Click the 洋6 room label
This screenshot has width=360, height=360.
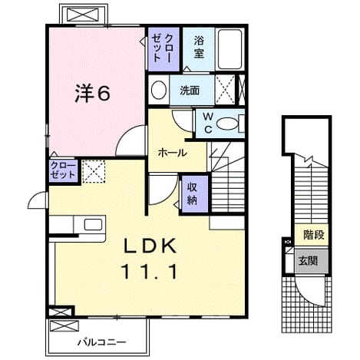pyautogui.click(x=92, y=93)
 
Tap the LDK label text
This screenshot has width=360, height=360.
pyautogui.click(x=150, y=246)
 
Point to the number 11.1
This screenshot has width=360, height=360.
pyautogui.click(x=150, y=272)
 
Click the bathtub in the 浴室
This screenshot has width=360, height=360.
pyautogui.click(x=230, y=49)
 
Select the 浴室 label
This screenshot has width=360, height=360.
pyautogui.click(x=199, y=47)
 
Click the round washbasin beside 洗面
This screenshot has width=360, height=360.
pyautogui.click(x=159, y=90)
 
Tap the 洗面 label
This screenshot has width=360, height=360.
pyautogui.click(x=190, y=91)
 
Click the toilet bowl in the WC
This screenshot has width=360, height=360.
pyautogui.click(x=226, y=124)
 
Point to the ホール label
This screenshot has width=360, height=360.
pyautogui.click(x=173, y=153)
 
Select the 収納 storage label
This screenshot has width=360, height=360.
pyautogui.click(x=192, y=194)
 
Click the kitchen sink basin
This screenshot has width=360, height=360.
pyautogui.click(x=93, y=224)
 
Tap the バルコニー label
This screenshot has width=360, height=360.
pyautogui.click(x=102, y=342)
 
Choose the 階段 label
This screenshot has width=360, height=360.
pyautogui.click(x=314, y=235)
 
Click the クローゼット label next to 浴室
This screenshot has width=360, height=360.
pyautogui.click(x=163, y=48)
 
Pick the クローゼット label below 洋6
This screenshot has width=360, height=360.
pyautogui.click(x=63, y=170)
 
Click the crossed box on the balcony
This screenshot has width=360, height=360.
pyautogui.click(x=64, y=326)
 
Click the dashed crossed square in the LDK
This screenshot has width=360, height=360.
pyautogui.click(x=94, y=171)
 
